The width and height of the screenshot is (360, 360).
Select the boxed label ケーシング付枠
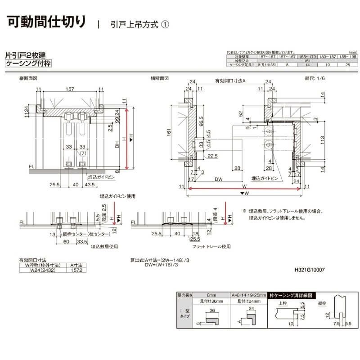tap(28, 63)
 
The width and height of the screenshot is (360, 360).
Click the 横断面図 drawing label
tap(160, 78)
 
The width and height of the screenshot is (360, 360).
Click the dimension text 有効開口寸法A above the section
tap(230, 81)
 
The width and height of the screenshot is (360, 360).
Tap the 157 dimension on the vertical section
tap(70, 90)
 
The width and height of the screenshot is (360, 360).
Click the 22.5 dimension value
tap(212, 156)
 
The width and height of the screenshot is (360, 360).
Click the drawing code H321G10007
tap(309, 270)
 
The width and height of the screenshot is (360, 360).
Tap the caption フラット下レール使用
tap(211, 247)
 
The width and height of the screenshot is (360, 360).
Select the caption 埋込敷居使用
tap(104, 247)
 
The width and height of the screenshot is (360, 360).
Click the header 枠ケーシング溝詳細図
tap(292, 296)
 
